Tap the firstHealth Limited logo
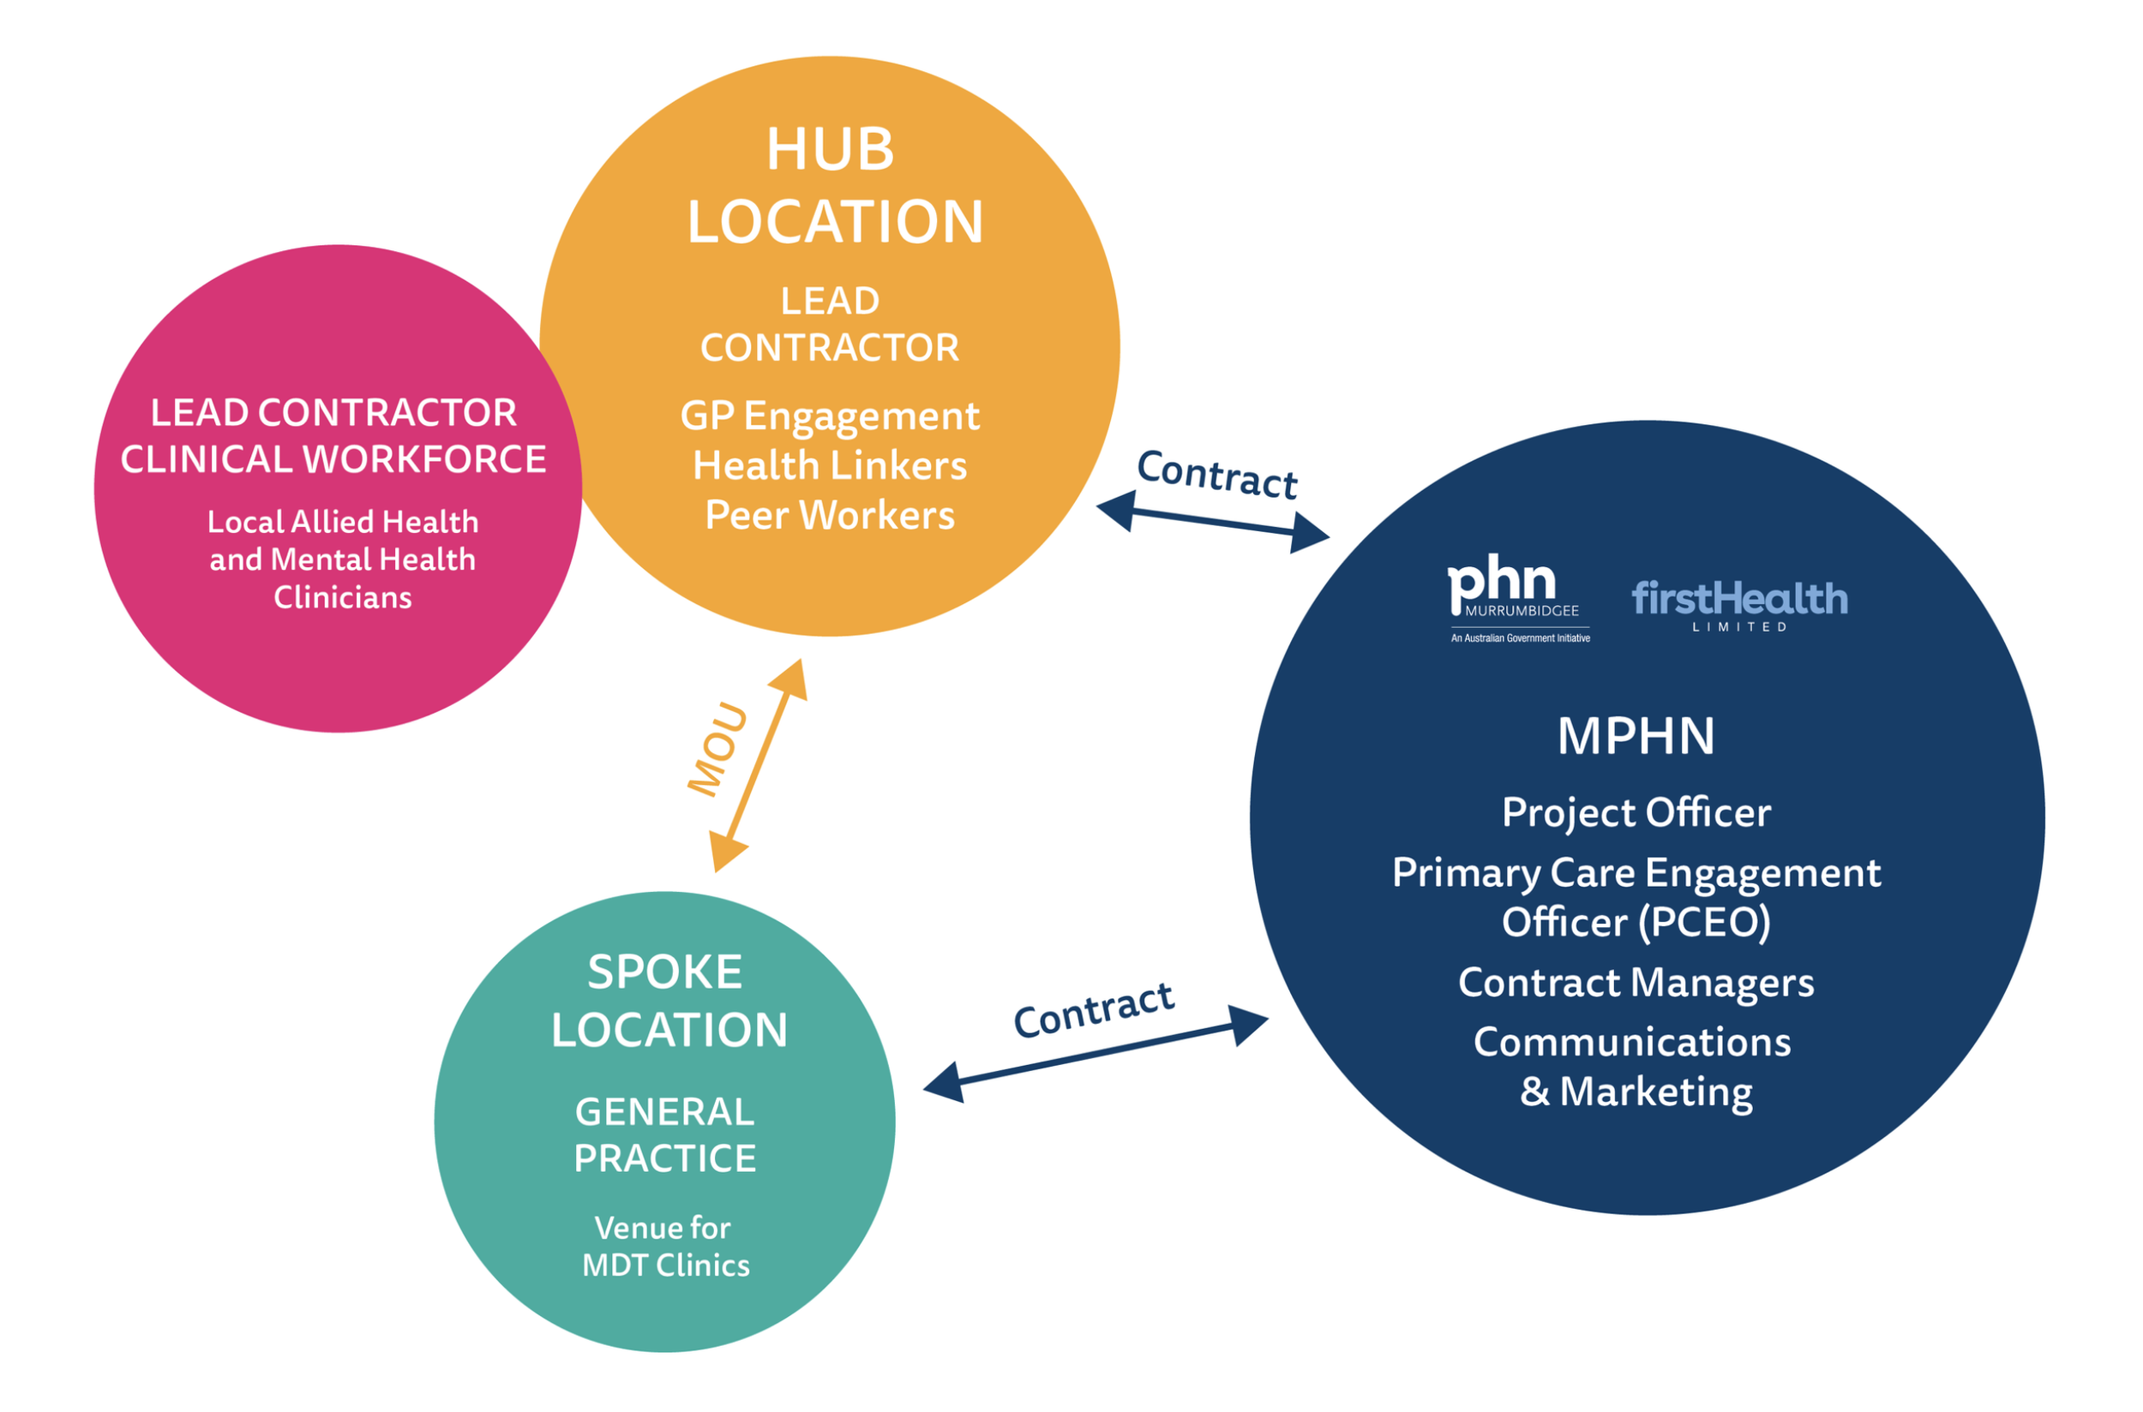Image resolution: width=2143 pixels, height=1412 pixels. pos(1739,606)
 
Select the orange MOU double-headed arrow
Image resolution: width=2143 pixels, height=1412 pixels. pos(759,765)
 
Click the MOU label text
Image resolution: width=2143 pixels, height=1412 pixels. pos(718,751)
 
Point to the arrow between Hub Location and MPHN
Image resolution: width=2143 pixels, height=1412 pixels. pos(1212,524)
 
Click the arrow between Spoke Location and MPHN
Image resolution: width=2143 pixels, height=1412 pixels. pos(1096,1054)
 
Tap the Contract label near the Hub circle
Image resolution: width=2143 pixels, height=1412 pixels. pos(1217,475)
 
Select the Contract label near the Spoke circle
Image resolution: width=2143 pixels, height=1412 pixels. pos(1094,1009)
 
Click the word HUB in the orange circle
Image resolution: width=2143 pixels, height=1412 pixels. pos(830,148)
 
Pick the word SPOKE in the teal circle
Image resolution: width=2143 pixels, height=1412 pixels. pos(665,972)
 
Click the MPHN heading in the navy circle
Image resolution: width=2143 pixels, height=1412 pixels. pos(1636,736)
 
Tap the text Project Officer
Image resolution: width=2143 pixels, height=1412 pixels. pos(1636,813)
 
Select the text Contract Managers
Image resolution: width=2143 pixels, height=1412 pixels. pos(1636,983)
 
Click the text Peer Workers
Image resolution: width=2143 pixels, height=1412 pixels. pos(830,515)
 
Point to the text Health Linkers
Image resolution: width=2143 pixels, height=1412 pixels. pos(830,465)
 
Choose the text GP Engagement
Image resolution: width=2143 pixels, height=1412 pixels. pos(830,417)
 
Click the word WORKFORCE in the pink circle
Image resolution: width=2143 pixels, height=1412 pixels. pos(424,459)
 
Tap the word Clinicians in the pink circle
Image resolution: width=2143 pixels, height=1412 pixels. pos(342,597)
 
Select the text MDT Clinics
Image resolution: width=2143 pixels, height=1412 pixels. pos(666,1265)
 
